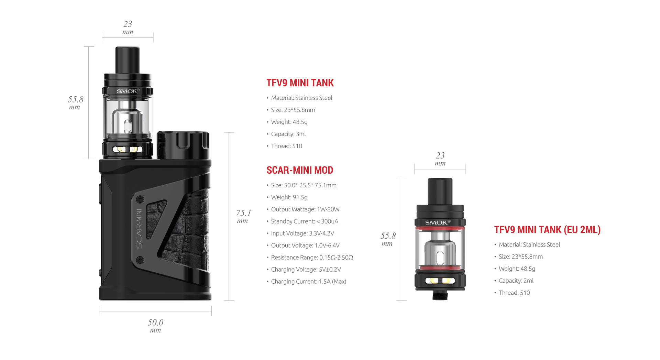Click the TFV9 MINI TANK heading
300,83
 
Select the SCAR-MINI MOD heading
300,170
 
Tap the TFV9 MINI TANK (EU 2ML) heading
547,230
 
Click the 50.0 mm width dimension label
155,325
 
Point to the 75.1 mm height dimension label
243,216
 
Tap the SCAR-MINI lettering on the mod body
139,228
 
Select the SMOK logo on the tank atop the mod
128,91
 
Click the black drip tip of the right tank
440,191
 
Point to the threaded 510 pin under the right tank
440,295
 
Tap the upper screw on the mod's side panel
140,200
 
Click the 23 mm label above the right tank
440,159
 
